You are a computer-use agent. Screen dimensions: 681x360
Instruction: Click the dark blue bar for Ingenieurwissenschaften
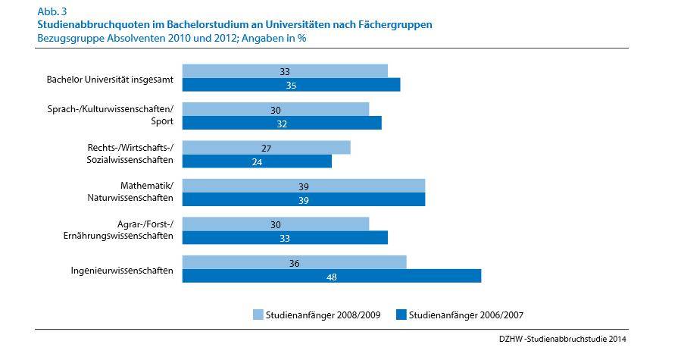coord(331,276)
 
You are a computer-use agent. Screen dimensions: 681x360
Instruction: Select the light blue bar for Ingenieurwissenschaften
coord(294,262)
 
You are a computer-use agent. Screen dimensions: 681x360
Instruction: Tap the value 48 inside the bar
coord(331,277)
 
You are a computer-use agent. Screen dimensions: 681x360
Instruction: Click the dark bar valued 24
coord(257,161)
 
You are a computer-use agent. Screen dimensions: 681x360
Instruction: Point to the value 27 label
coord(266,149)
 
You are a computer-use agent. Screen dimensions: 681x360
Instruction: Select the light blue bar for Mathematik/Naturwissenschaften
coord(304,186)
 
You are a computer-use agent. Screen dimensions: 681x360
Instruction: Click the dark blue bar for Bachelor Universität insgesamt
coord(291,85)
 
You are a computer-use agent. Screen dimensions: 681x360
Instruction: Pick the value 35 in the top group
coord(291,86)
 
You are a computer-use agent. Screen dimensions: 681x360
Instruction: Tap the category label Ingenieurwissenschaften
coord(122,271)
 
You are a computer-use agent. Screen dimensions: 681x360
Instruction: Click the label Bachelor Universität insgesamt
coord(110,80)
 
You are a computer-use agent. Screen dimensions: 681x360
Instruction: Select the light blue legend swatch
coord(258,315)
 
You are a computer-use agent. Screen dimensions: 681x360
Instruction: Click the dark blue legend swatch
coord(401,315)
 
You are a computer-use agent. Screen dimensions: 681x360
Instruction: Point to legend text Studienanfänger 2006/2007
coord(466,315)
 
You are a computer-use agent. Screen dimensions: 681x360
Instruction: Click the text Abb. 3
coord(52,11)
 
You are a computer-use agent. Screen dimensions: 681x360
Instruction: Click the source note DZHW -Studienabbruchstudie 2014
coord(562,339)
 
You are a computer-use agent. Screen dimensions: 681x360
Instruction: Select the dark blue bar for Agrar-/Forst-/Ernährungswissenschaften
coord(285,238)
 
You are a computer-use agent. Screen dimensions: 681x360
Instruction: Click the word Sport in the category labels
coord(162,121)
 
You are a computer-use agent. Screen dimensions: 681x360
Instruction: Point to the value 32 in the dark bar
coord(282,124)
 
